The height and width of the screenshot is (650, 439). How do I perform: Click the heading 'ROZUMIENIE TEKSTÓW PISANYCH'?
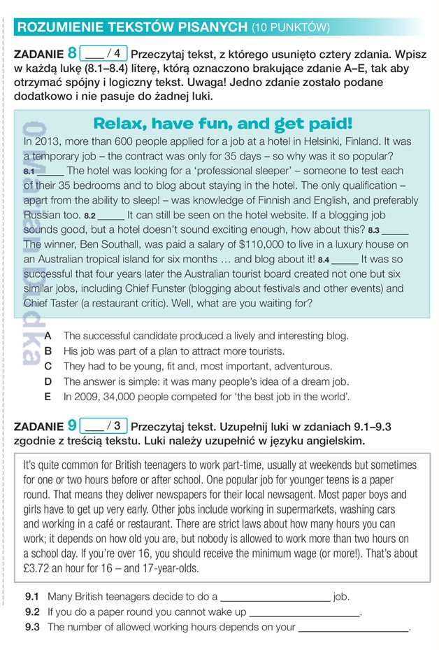point(132,27)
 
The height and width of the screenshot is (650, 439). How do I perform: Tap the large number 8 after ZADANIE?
point(72,53)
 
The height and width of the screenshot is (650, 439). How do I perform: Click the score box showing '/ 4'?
point(103,53)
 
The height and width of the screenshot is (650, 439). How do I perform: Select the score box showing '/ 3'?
point(103,425)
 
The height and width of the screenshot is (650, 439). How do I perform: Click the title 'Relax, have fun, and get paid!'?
point(222,124)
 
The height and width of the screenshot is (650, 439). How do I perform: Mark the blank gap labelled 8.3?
point(395,229)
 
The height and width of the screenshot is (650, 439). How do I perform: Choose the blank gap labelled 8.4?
point(345,260)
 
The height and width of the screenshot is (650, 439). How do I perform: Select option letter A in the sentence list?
point(48,336)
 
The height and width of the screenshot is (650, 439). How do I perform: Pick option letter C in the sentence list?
point(48,366)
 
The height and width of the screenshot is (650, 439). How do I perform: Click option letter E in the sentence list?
point(48,397)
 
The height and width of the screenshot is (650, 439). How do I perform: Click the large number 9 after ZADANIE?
point(72,425)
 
